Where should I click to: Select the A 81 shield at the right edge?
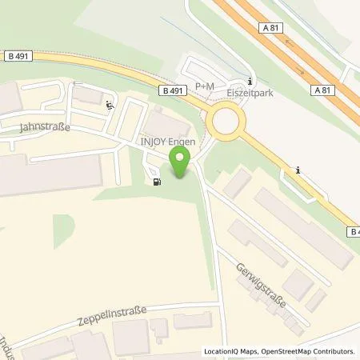pos(346,91)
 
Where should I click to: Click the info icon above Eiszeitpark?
pos(250,80)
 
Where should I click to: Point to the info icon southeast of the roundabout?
pos(298,169)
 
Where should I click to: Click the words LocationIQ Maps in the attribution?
pos(231,351)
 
